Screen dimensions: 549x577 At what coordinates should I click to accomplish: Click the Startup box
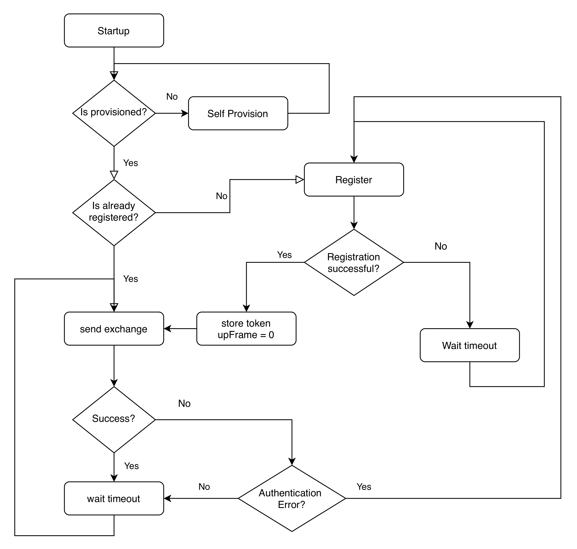114,30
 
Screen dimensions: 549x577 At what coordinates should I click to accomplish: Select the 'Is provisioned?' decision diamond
114,113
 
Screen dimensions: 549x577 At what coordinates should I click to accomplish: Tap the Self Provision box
238,113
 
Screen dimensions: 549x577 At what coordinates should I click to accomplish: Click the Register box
354,179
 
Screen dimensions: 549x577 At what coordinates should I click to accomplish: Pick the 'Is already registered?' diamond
114,212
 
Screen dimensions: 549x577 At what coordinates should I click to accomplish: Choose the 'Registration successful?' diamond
354,262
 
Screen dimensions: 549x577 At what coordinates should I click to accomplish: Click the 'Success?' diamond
114,419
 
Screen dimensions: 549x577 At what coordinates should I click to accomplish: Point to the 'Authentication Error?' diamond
292,498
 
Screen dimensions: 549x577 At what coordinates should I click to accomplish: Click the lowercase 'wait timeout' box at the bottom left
114,498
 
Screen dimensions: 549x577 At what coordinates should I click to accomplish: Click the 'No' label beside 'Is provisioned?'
172,97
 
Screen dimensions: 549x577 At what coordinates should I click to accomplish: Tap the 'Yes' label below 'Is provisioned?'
130,163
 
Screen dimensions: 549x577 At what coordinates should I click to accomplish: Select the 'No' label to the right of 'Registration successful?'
440,246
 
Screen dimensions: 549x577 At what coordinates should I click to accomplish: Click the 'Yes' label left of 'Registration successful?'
284,255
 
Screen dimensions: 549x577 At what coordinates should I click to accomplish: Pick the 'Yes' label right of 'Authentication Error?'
364,487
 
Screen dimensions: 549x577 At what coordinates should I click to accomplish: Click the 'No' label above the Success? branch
184,403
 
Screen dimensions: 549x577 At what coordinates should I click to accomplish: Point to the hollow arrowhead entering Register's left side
300,179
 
